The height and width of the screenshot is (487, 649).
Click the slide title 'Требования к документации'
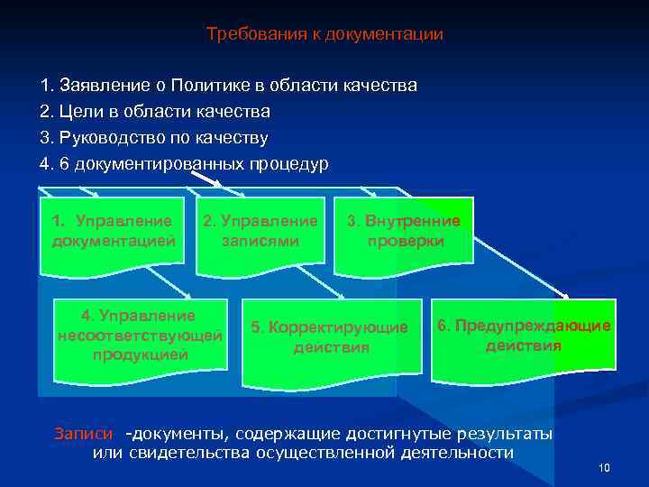point(324,35)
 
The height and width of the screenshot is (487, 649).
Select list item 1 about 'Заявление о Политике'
point(229,87)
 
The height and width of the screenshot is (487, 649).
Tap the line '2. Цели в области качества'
point(155,113)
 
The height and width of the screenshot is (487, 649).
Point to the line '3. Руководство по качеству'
point(154,138)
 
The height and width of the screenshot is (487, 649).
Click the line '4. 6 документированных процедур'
point(185,164)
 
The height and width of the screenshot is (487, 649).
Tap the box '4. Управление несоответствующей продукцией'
point(140,335)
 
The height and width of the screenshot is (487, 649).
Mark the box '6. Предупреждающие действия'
point(525,335)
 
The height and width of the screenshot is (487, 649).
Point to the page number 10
point(604,467)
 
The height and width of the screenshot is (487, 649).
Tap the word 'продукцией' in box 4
point(140,354)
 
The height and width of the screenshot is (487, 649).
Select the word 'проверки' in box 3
point(405,242)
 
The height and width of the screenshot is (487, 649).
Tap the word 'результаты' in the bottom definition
point(505,434)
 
